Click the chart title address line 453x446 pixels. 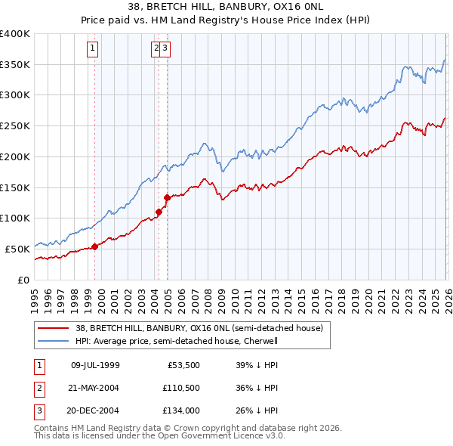226,6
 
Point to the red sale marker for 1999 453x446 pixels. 94,246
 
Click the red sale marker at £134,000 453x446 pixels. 167,197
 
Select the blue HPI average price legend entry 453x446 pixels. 177,341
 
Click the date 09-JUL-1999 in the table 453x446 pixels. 95,365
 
